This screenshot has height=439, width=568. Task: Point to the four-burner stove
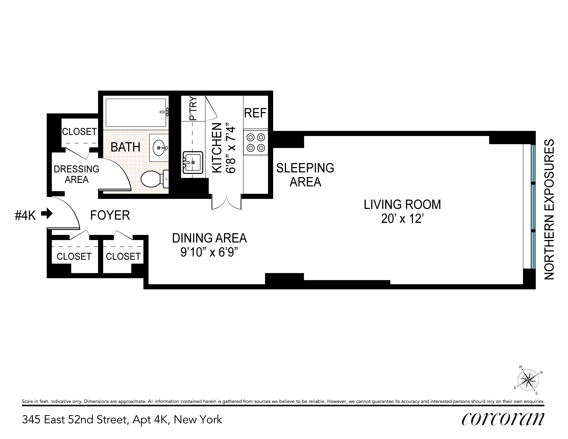coord(256,142)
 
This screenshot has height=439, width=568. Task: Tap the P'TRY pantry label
coord(193,109)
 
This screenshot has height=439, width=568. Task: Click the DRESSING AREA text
coord(76,174)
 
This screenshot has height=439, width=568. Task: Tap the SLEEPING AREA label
coord(305,175)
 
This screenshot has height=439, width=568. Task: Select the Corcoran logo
coord(502,419)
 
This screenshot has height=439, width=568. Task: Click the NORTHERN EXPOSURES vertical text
coord(549,209)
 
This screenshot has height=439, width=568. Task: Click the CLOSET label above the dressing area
coord(79,132)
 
